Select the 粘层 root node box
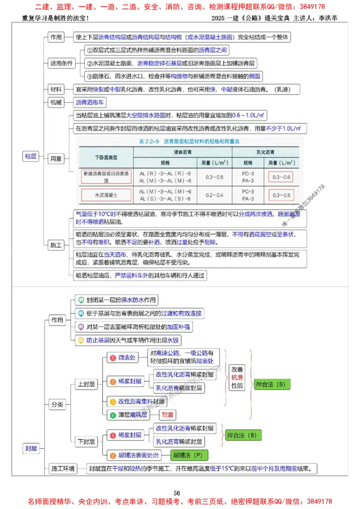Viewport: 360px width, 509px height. (x=31, y=156)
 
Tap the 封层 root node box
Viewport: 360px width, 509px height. (x=31, y=448)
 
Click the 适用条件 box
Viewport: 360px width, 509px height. (x=61, y=63)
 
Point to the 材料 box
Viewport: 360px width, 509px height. (x=56, y=89)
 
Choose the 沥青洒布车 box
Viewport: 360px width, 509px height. (x=90, y=103)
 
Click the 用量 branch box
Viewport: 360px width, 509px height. (x=56, y=158)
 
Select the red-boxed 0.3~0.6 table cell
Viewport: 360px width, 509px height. (x=279, y=177)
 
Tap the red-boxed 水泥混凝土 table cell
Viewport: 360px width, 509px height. (x=106, y=195)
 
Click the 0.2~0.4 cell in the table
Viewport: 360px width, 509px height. (x=214, y=195)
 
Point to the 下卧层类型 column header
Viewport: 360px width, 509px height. (x=106, y=157)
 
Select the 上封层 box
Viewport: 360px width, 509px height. (x=86, y=384)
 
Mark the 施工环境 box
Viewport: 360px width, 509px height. (x=63, y=469)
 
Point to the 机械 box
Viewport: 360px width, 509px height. (x=56, y=103)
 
